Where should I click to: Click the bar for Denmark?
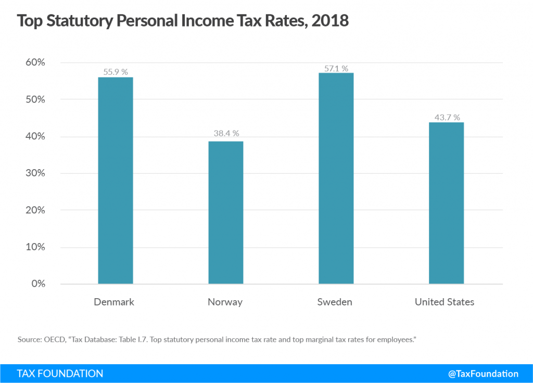pos(115,180)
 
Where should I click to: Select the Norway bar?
pos(225,212)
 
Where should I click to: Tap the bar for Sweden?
pos(336,178)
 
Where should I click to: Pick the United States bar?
pos(446,203)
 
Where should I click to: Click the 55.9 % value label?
pos(116,72)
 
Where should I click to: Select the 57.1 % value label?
pos(336,68)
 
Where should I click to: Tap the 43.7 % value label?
pos(446,118)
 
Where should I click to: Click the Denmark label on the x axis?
pos(114,302)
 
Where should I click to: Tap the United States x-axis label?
pos(445,302)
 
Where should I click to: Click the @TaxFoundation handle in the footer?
pos(483,374)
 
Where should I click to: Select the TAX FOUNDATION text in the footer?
pos(60,374)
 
